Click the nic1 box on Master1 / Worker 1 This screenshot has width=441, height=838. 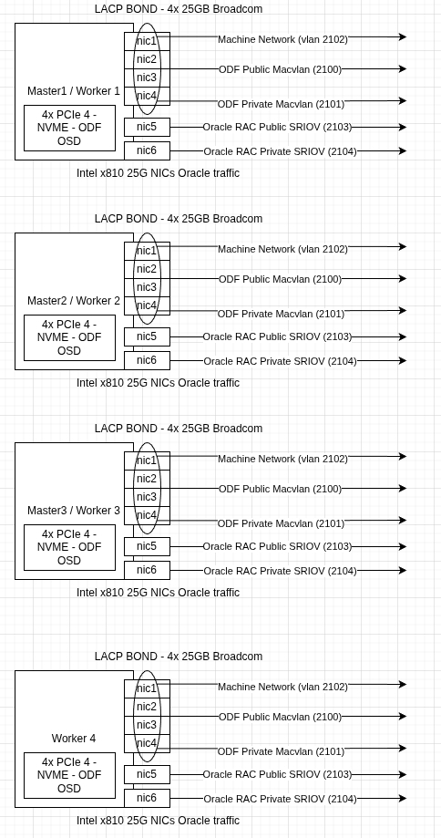tap(148, 41)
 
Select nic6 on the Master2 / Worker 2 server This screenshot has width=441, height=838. tap(148, 360)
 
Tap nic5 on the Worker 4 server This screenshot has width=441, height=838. tap(148, 774)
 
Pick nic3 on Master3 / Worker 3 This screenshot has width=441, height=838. tap(148, 497)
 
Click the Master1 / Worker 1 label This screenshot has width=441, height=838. tap(74, 91)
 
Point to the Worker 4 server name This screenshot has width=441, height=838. tap(74, 738)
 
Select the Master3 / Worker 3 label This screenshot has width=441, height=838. tap(74, 511)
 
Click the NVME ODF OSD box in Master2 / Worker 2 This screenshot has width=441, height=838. tap(69, 337)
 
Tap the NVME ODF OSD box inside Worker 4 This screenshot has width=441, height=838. tap(69, 775)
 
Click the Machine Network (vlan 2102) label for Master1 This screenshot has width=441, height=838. tap(283, 39)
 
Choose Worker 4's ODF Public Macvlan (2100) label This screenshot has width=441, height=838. tap(281, 717)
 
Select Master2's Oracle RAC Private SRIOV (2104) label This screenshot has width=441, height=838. tap(281, 361)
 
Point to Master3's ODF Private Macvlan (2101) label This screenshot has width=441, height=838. tap(281, 523)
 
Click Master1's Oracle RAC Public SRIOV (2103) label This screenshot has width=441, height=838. tap(278, 127)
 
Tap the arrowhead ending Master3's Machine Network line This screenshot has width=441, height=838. tap(403, 457)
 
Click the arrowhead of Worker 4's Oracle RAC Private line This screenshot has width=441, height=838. tap(403, 799)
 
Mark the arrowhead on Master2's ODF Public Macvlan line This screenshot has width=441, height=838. tap(403, 278)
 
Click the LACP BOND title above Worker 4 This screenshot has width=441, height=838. tap(179, 657)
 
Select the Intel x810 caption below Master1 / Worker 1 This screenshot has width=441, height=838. tap(158, 173)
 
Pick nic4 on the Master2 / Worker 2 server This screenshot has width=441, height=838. tap(148, 305)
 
